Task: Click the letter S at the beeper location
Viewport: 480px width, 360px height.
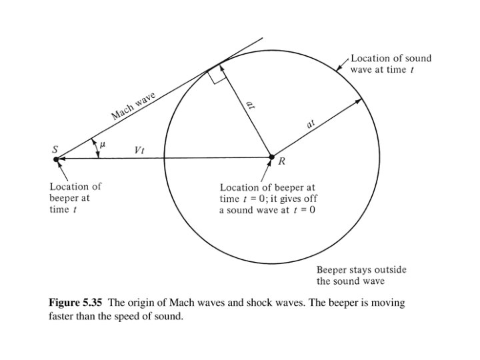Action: pyautogui.click(x=55, y=149)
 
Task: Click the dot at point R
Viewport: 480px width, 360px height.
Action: pyautogui.click(x=271, y=158)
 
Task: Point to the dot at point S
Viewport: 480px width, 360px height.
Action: pyautogui.click(x=56, y=159)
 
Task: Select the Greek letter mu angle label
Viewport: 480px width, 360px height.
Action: pyautogui.click(x=103, y=143)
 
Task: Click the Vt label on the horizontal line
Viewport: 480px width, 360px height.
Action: pyautogui.click(x=139, y=150)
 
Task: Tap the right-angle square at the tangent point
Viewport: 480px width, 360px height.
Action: pyautogui.click(x=215, y=77)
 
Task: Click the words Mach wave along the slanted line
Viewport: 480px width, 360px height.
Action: pyautogui.click(x=133, y=107)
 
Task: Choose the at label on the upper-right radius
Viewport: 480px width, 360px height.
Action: pyautogui.click(x=311, y=123)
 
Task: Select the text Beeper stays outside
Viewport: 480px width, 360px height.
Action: pyautogui.click(x=361, y=270)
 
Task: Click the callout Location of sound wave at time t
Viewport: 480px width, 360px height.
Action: pyautogui.click(x=391, y=64)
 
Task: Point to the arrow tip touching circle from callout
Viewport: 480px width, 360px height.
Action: pyautogui.click(x=337, y=69)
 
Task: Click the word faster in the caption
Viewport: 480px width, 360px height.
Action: pyautogui.click(x=62, y=317)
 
